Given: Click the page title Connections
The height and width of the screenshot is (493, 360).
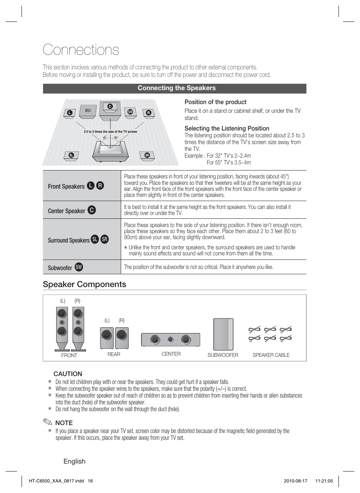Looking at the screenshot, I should click(x=81, y=50).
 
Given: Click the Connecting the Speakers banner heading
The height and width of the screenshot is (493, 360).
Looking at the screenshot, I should click(x=177, y=88).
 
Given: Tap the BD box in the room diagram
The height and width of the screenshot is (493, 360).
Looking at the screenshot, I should click(x=88, y=111).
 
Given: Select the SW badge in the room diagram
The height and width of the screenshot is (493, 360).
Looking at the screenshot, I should click(x=130, y=112).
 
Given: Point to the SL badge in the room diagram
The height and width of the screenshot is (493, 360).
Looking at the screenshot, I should click(x=71, y=155).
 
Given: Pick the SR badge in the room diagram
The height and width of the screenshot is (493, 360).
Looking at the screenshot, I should click(x=147, y=155).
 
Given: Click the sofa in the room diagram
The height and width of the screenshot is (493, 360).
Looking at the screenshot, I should click(x=110, y=153).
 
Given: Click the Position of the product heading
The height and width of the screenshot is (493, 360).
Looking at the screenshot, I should click(x=215, y=102).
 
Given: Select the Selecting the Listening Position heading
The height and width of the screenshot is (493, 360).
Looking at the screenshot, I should click(x=227, y=128).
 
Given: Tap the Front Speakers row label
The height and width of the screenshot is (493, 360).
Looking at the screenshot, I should click(x=66, y=186).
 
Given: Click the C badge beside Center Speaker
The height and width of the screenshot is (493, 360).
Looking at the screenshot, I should click(x=92, y=210).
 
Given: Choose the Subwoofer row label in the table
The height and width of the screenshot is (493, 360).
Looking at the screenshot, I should click(x=60, y=268).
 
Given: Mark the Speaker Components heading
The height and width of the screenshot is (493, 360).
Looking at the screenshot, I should click(x=85, y=284).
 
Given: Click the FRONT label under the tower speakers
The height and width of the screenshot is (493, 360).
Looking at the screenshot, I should click(x=69, y=355).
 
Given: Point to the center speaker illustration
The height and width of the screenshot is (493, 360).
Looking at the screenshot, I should click(x=171, y=339).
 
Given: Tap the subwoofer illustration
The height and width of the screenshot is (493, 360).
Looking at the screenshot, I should click(x=223, y=334).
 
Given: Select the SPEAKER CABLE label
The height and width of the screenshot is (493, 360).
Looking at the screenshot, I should click(x=271, y=355).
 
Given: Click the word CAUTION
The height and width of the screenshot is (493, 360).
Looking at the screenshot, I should click(x=68, y=374).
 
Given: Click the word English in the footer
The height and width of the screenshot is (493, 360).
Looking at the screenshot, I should click(x=74, y=461).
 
